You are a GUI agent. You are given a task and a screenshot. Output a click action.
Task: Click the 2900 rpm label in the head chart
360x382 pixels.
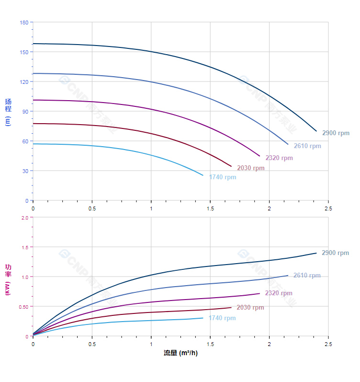tap(336, 133)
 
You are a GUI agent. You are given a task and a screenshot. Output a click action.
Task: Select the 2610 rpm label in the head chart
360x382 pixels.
tap(307, 146)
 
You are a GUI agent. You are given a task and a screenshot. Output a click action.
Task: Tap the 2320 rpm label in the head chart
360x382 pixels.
tap(279, 158)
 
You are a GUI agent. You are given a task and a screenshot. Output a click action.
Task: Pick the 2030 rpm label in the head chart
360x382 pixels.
tap(250, 168)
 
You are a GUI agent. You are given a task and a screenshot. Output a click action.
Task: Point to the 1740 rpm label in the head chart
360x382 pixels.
tap(222, 177)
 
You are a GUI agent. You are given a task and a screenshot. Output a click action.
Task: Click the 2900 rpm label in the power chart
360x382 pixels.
tap(335, 253)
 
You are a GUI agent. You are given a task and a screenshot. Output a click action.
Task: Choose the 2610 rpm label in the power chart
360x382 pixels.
tap(307, 276)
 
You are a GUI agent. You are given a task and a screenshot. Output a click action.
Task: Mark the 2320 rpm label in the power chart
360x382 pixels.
tap(279, 293)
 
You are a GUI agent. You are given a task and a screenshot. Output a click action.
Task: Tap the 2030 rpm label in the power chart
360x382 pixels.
tap(250, 308)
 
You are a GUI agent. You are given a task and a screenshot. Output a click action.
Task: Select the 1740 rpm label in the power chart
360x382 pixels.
tap(222, 318)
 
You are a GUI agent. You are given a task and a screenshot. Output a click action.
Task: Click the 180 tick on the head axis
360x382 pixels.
tap(24, 23)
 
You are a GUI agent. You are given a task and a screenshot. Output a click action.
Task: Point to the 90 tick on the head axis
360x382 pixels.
tap(25, 112)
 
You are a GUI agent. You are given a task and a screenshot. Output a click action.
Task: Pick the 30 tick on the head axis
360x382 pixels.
tap(25, 171)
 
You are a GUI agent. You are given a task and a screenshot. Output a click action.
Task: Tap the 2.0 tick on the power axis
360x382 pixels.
tap(25, 218)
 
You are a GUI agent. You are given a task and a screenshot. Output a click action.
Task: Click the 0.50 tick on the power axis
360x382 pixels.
tap(23, 307)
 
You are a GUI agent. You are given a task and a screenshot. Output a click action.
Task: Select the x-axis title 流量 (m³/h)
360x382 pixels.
tap(180, 353)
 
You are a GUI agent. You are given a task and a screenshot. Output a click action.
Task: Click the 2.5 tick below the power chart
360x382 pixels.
tap(328, 344)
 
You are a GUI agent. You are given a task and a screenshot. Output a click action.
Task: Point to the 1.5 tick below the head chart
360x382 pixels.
tap(210, 208)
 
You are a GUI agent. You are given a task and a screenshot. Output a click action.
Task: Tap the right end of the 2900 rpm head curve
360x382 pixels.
tap(316, 131)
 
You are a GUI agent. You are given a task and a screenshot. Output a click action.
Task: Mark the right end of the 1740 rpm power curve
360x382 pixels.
tap(203, 318)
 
